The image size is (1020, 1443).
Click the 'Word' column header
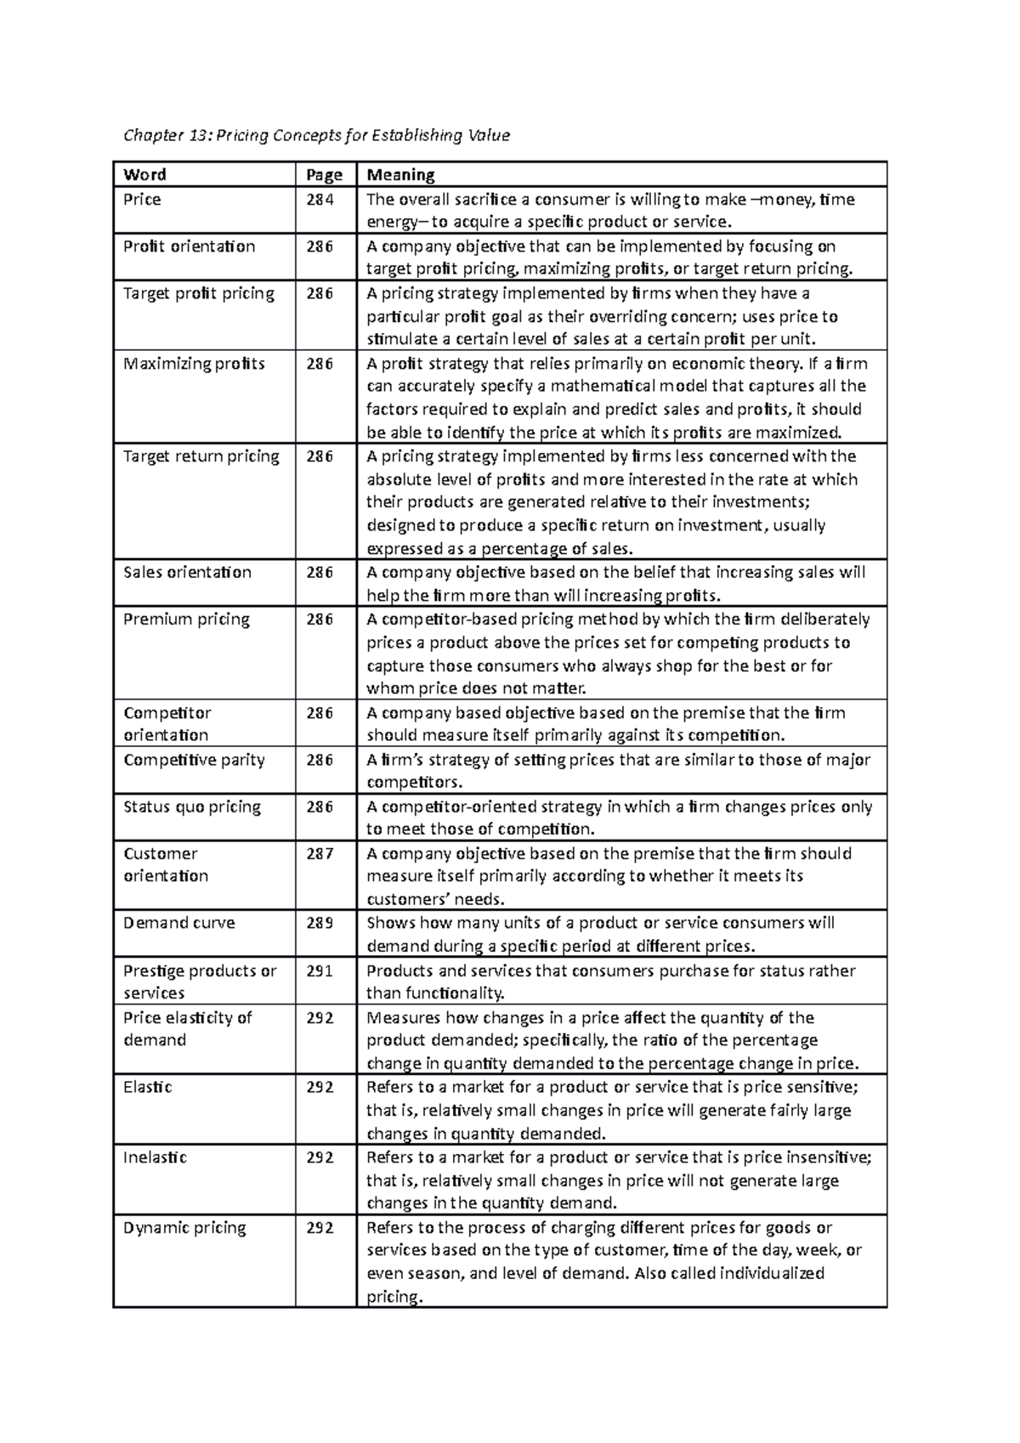pos(144,175)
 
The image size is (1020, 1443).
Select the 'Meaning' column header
pos(400,175)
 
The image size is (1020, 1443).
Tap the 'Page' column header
pos(324,175)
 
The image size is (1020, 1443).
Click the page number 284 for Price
pos(320,200)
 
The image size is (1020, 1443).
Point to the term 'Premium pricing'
pos(186,620)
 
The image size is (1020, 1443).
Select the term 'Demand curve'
pos(178,923)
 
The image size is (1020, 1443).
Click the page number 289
pos(320,923)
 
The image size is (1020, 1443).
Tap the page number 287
pos(320,854)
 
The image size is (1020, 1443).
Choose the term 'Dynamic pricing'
pos(184,1228)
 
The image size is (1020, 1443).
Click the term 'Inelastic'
pos(155,1157)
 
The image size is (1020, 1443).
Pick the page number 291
pos(320,971)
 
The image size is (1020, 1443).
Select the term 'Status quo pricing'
pos(192,806)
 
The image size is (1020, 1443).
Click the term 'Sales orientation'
pos(187,572)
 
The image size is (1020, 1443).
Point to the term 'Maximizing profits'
pos(194,364)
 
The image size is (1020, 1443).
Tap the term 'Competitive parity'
pos(194,760)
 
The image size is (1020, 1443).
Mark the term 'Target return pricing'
pos(201,456)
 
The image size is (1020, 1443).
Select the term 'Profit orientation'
pos(189,246)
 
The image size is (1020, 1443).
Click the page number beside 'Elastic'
pos(320,1087)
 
